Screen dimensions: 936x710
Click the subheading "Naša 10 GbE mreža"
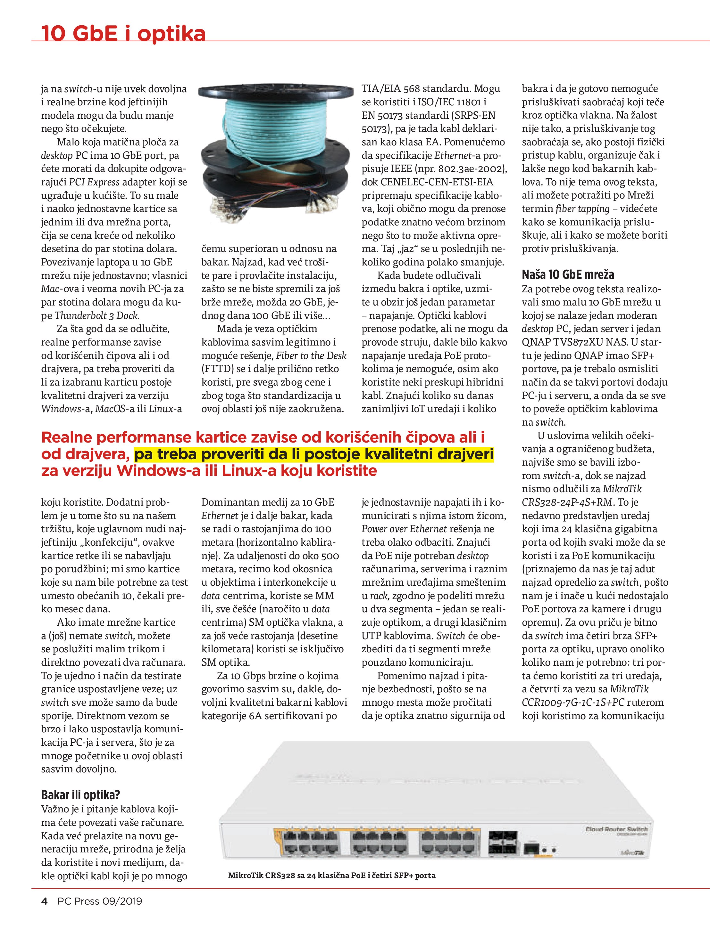coord(568,275)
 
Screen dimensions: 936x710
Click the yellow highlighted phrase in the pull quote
coord(314,454)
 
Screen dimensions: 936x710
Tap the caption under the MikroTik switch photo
coord(331,875)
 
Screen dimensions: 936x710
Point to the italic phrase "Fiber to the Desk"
coord(311,355)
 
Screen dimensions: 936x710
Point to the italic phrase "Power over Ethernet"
coord(404,529)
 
